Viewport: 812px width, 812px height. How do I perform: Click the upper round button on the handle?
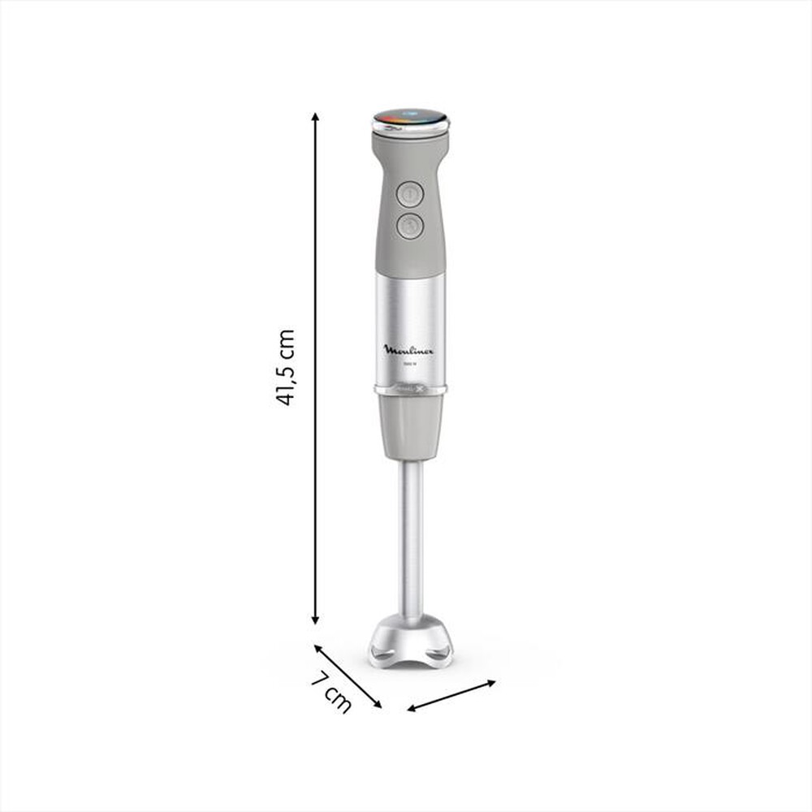pyautogui.click(x=410, y=195)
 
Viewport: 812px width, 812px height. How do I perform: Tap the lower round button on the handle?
pyautogui.click(x=410, y=226)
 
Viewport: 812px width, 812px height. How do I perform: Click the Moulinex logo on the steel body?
pyautogui.click(x=408, y=350)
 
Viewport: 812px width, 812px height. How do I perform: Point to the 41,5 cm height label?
pyautogui.click(x=285, y=367)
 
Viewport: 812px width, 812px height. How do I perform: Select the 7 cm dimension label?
pyautogui.click(x=331, y=689)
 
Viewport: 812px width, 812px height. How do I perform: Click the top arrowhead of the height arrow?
pyautogui.click(x=315, y=118)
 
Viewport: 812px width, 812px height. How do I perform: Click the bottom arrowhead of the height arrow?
pyautogui.click(x=315, y=620)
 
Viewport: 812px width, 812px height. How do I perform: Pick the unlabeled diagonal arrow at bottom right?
pyautogui.click(x=451, y=696)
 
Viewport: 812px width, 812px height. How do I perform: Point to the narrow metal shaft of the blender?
pyautogui.click(x=410, y=536)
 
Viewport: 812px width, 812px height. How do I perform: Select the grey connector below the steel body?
pyautogui.click(x=410, y=426)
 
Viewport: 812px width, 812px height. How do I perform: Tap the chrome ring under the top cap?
pyautogui.click(x=410, y=129)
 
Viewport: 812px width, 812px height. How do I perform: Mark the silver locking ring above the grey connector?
pyautogui.click(x=410, y=390)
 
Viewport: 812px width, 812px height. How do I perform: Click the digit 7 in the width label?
pyautogui.click(x=321, y=679)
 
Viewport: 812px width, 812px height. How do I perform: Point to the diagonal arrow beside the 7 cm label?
pyautogui.click(x=348, y=676)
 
